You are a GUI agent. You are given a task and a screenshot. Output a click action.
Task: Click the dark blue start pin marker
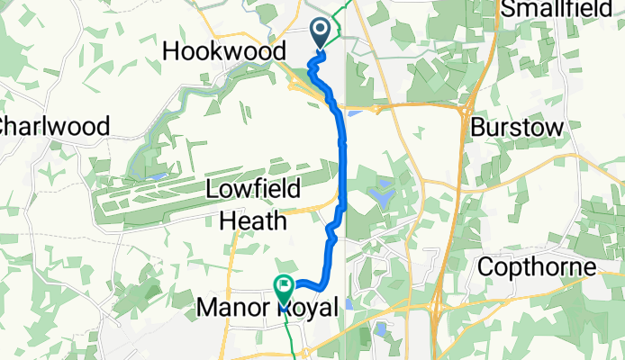[x=321, y=34]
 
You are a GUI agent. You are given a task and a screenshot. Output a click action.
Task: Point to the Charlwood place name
[x=55, y=126]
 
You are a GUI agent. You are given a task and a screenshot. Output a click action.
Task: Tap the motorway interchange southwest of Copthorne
[x=436, y=309]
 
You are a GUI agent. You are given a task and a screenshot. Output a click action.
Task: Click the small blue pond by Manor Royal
[x=348, y=303]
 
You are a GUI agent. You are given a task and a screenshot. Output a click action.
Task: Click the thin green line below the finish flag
[x=290, y=333]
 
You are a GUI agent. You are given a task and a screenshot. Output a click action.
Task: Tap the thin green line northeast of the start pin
[x=340, y=22]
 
